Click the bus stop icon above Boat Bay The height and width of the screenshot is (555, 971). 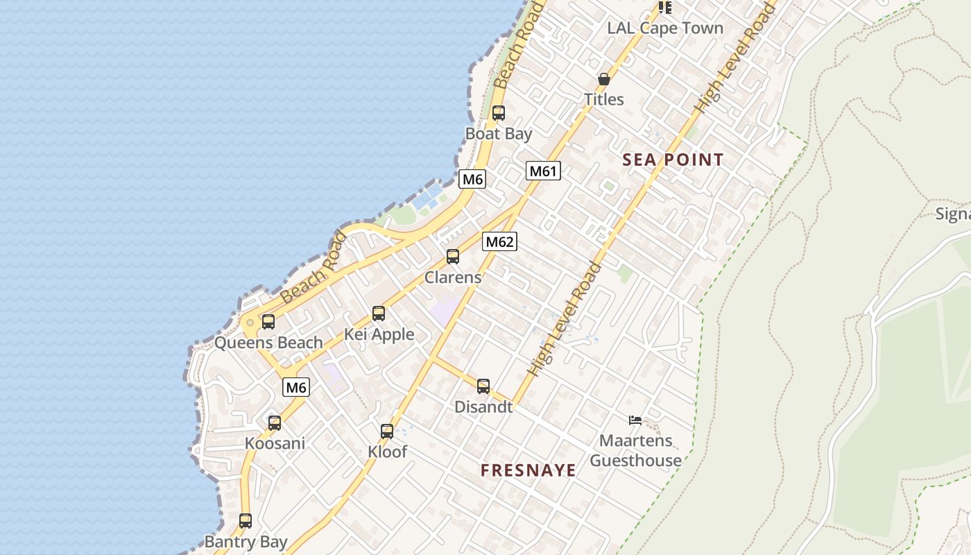[x=498, y=113]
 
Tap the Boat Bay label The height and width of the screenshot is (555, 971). [x=499, y=134]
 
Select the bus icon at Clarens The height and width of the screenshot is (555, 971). [x=453, y=257]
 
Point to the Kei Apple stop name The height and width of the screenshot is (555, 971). [x=379, y=334]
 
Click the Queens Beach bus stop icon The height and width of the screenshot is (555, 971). [x=268, y=322]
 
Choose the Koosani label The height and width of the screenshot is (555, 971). [x=275, y=443]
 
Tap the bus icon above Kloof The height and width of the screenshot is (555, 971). [x=387, y=432]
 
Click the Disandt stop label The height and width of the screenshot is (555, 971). [x=483, y=407]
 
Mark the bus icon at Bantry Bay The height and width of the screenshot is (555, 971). [x=246, y=520]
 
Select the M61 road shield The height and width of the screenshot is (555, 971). [x=542, y=171]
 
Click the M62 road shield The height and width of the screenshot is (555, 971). [x=499, y=241]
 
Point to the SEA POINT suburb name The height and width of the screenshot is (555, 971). [x=673, y=160]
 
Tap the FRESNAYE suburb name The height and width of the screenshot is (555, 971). [x=529, y=470]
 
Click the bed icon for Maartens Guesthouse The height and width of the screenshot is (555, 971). [x=635, y=420]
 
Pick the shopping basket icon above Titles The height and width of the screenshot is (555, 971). [x=603, y=79]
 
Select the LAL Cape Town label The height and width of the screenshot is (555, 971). [x=664, y=28]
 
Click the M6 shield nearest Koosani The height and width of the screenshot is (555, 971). [x=296, y=387]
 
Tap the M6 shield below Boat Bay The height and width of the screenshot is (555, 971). [x=472, y=179]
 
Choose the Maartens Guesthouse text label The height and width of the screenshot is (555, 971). [x=635, y=450]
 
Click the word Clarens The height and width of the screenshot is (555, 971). [x=453, y=277]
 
